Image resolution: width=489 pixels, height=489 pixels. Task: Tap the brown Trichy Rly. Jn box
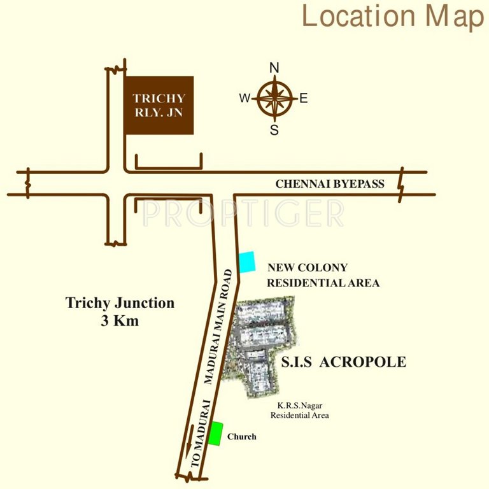(159, 105)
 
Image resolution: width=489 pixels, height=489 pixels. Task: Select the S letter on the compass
(274, 131)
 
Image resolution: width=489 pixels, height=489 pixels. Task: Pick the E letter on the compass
(304, 98)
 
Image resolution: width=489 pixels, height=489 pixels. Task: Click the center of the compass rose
(274, 99)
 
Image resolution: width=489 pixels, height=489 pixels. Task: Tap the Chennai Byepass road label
(330, 184)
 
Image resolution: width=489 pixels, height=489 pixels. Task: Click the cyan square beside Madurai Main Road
(246, 262)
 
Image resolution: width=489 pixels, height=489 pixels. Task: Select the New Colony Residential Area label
(323, 275)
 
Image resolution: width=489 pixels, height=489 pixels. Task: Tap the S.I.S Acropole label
(343, 362)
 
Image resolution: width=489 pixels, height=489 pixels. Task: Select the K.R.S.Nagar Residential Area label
(299, 411)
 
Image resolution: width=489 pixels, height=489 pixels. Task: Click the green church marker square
(216, 433)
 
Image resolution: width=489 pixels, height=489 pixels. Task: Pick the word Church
(242, 437)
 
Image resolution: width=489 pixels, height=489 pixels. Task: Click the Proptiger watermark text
(243, 213)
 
